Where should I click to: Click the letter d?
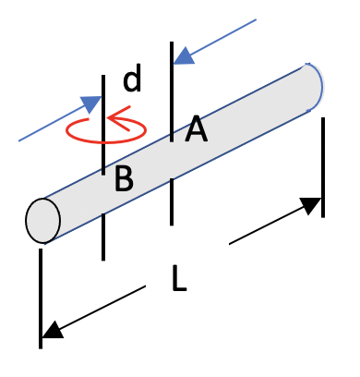pos(132,81)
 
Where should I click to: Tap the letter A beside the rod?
pos(196,131)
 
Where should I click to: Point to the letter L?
pos(179,278)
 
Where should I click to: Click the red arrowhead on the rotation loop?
pos(113,117)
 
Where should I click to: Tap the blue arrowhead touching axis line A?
pos(185,55)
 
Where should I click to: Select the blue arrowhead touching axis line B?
pos(90,104)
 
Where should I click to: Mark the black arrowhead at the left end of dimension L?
pos(52,329)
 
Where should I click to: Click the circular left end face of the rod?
pos(42,219)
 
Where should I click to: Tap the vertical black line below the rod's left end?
pos(42,296)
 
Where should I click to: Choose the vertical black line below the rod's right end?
pos(322,166)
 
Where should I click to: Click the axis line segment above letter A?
pos(172,88)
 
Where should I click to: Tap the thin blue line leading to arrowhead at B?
pos(51,127)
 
